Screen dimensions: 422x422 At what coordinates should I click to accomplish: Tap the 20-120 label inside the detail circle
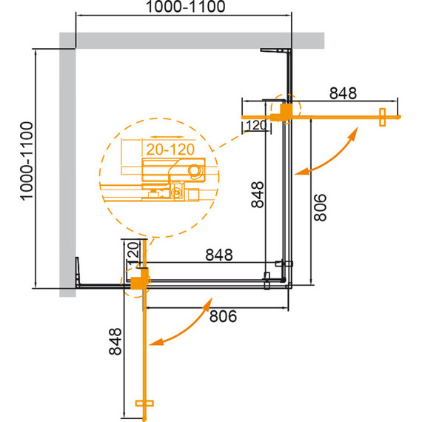pyautogui.click(x=170, y=150)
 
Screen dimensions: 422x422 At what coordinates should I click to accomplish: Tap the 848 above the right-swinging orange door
pyautogui.click(x=343, y=93)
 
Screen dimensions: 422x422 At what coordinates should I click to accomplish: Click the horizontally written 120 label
pyautogui.click(x=255, y=125)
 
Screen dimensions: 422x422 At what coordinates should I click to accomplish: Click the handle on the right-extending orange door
pyautogui.click(x=383, y=118)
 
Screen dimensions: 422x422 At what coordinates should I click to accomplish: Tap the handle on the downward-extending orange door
pyautogui.click(x=144, y=404)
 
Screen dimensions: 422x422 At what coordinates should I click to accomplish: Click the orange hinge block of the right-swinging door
pyautogui.click(x=283, y=110)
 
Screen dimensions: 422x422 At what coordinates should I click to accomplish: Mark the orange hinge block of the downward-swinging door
pyautogui.click(x=136, y=282)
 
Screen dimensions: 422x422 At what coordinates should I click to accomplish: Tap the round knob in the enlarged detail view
pyautogui.click(x=195, y=170)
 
